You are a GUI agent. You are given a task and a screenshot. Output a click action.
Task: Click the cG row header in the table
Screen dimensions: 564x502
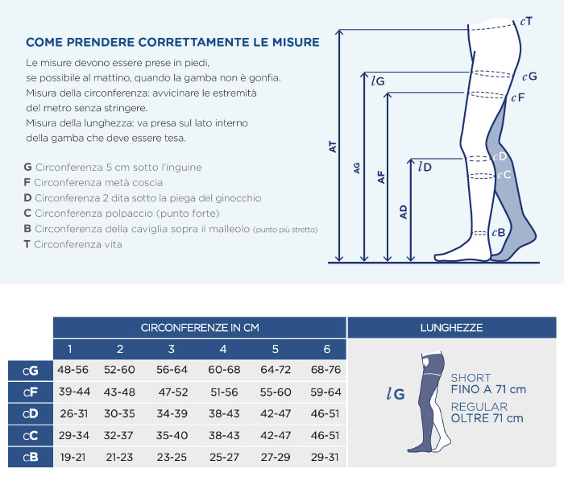[31, 371]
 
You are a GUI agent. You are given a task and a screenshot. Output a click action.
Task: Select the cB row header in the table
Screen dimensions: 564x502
[31, 458]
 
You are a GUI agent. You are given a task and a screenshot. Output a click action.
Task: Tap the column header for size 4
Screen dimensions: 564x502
[223, 349]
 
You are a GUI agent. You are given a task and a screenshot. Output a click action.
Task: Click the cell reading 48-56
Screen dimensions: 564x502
[73, 370]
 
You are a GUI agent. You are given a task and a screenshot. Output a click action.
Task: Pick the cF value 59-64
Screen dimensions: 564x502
[326, 392]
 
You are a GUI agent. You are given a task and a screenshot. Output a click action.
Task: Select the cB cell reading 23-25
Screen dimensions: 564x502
[172, 458]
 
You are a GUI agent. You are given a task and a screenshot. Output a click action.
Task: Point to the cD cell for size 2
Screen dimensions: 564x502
[119, 414]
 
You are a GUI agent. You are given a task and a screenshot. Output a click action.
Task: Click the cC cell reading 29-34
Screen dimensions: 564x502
[74, 435]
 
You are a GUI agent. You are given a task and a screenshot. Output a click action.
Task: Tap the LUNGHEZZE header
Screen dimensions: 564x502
[452, 328]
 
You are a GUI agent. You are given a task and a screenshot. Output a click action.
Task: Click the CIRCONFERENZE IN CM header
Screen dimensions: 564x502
[200, 328]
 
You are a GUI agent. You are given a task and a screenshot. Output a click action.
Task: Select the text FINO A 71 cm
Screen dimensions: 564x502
[488, 389]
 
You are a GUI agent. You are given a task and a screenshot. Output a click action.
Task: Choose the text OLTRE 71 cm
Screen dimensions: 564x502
[487, 418]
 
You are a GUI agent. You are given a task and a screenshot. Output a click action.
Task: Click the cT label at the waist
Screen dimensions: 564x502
[526, 22]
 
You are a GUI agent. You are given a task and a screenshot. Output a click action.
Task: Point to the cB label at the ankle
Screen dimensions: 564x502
[499, 233]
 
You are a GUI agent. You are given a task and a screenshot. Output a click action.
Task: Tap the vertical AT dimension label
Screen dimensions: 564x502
[333, 147]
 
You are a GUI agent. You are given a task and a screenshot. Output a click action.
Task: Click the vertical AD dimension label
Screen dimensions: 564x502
[404, 212]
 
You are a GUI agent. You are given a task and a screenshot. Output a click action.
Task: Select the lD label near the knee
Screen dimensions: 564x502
[425, 167]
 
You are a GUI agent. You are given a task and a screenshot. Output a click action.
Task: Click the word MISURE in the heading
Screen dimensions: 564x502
[296, 42]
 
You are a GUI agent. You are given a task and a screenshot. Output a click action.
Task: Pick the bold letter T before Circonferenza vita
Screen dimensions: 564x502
[27, 244]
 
